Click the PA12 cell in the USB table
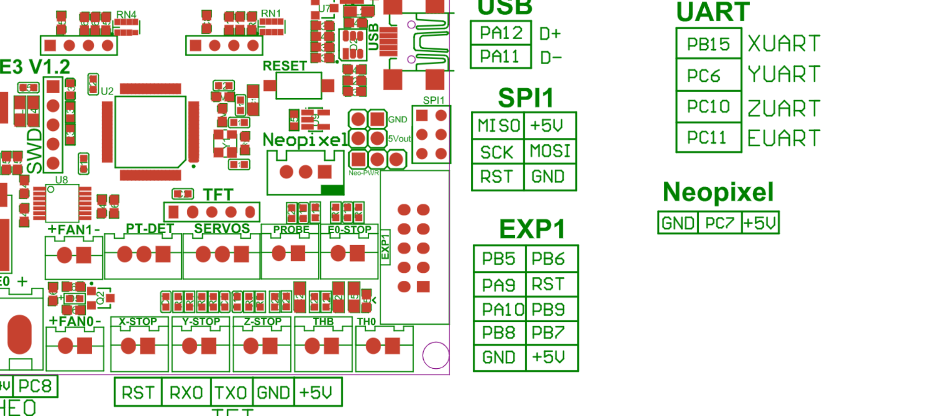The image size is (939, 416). (x=501, y=33)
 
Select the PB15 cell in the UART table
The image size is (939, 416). (x=708, y=44)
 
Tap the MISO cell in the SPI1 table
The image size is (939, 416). (x=498, y=125)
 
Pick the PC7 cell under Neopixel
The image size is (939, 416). (x=719, y=223)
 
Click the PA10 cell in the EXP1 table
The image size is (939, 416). (x=500, y=309)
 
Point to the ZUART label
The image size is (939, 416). (x=784, y=108)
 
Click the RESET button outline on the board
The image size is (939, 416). (x=298, y=86)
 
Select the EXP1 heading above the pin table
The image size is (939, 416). (x=532, y=229)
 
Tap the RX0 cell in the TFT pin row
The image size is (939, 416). (x=186, y=393)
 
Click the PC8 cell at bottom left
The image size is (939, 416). (x=35, y=386)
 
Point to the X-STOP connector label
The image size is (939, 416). (x=138, y=321)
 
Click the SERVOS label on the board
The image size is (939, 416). (x=222, y=229)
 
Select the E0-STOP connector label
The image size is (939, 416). (x=349, y=230)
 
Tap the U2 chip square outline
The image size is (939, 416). (x=150, y=132)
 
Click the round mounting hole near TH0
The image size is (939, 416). (x=436, y=355)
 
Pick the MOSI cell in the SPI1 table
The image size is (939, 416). (x=550, y=151)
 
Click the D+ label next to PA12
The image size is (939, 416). (x=550, y=34)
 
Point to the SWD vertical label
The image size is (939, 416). (x=34, y=151)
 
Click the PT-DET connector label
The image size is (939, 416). (x=149, y=229)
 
